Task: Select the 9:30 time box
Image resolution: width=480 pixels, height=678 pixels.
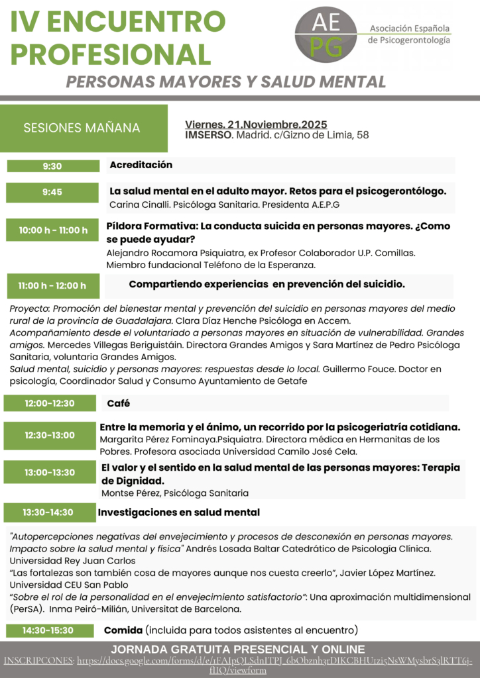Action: (x=52, y=166)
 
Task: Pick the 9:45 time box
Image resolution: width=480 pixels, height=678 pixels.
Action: (x=52, y=192)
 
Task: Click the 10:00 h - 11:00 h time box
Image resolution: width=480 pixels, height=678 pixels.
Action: (x=53, y=230)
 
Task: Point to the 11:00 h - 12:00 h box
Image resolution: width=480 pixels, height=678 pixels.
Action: (x=52, y=285)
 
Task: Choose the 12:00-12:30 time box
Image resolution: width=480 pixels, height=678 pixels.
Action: (x=50, y=403)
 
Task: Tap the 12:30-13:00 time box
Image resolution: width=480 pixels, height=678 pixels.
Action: (x=50, y=435)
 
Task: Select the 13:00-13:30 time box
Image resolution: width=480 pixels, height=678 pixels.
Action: (x=50, y=472)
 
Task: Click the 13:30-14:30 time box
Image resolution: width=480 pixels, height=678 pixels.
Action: (x=48, y=512)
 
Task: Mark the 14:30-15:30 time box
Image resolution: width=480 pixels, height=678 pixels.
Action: (x=48, y=630)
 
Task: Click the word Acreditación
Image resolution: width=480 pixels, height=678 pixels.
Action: (x=141, y=165)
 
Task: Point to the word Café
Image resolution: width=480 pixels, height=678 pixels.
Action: (x=118, y=403)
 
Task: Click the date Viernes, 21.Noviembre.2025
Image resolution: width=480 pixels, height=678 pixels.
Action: (x=256, y=124)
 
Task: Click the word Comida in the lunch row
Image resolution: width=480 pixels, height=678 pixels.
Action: (x=123, y=630)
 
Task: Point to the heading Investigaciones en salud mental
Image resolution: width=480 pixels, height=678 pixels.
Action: (x=178, y=512)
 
